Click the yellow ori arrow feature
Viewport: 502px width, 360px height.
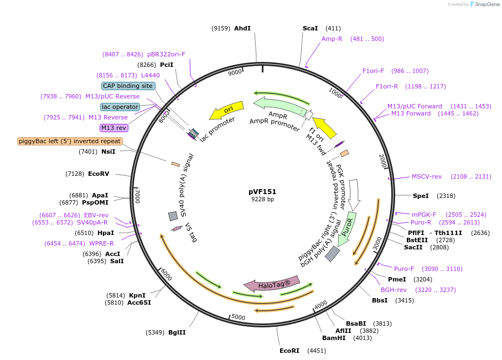point(227,110)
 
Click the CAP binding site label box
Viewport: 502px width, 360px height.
point(128,86)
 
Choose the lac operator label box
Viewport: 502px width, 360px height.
point(120,107)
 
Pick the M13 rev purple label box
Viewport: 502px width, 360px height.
point(113,128)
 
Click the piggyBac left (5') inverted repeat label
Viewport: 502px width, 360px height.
point(70,141)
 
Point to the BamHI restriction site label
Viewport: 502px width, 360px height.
point(334,337)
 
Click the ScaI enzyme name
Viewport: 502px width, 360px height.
point(310,28)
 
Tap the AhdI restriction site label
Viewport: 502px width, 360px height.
point(242,28)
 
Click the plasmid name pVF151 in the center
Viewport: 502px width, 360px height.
point(262,191)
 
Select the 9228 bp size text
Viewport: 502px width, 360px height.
point(262,200)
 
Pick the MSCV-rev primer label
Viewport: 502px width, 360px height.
point(427,177)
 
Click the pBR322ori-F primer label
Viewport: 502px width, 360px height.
point(167,54)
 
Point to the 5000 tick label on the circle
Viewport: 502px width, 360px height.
point(238,317)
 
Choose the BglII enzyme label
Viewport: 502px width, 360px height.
point(177,332)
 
